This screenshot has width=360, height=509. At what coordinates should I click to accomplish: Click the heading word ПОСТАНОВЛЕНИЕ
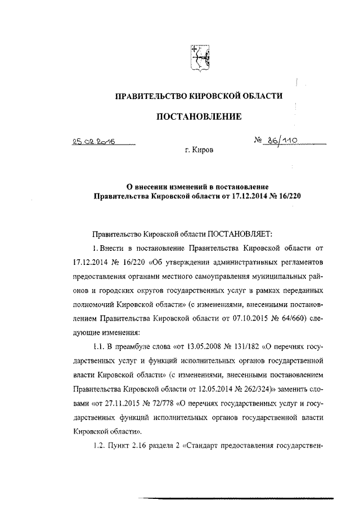(x=199, y=117)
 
